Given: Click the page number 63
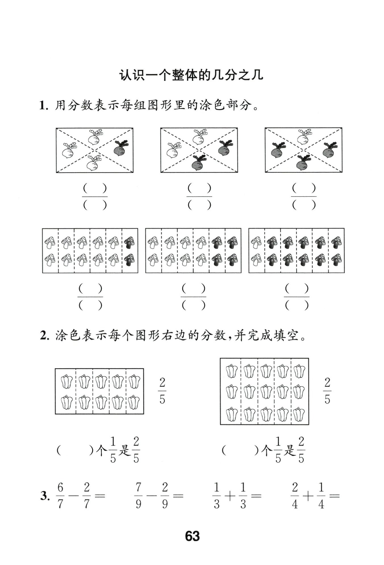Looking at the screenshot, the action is [192, 536].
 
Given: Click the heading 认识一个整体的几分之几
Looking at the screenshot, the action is [191, 76].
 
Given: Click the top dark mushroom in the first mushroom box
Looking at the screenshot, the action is [130, 242].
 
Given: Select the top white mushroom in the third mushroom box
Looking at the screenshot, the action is [256, 242].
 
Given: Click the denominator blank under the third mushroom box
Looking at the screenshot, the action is [297, 305].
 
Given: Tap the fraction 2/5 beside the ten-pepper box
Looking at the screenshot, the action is [162, 391].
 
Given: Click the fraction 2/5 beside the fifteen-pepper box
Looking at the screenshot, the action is [327, 391].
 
